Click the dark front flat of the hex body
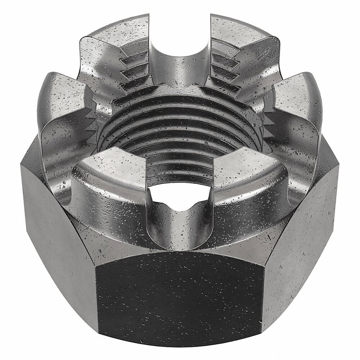(180, 295)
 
